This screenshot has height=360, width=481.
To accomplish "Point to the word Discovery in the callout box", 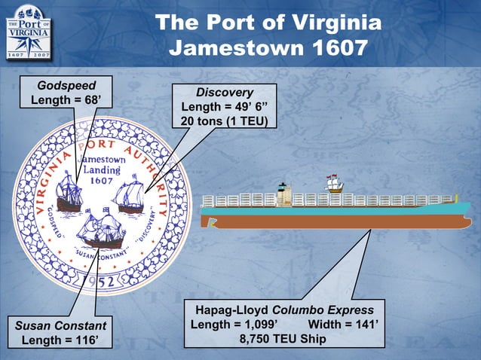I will coord(224,92).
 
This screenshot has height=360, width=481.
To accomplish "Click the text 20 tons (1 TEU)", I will coord(225,121).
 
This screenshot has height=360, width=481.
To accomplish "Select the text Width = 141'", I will coord(344,325).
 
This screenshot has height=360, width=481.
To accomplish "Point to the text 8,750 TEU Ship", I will coord(283,340).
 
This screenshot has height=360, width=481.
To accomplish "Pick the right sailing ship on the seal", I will coord(129,195).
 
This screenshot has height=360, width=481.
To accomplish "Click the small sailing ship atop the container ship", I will coord(332,184).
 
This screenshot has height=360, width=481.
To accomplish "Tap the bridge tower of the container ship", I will coord(283,194).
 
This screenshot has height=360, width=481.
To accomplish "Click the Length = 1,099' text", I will coord(235,325).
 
